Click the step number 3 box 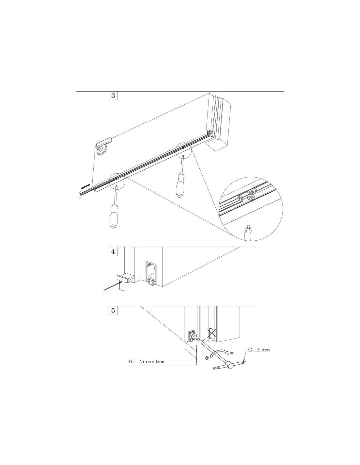(113, 95)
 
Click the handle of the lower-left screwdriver (113, 216)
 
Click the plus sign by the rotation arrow (207, 358)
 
